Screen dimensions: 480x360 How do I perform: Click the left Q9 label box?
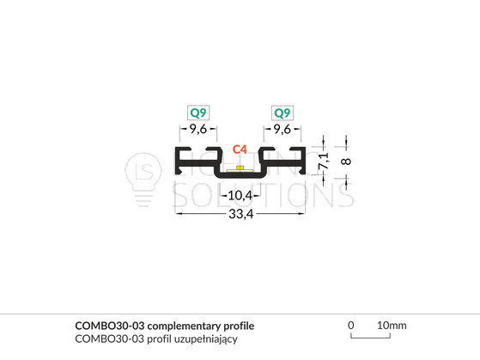click(x=198, y=113)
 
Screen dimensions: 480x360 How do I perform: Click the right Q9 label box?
click(x=283, y=113)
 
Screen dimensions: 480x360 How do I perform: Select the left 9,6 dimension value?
click(x=198, y=129)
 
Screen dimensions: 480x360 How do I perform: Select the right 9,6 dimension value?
click(x=283, y=129)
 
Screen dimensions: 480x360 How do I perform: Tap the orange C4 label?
click(x=240, y=149)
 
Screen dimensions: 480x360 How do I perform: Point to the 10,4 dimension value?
click(x=240, y=195)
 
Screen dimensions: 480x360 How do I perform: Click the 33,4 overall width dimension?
click(x=241, y=214)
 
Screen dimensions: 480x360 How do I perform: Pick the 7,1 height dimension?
click(x=324, y=162)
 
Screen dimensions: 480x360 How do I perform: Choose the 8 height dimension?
click(x=346, y=162)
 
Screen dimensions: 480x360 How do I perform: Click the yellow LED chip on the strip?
click(x=240, y=168)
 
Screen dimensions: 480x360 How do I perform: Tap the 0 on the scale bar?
click(x=351, y=325)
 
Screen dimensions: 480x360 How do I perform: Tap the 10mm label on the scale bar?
click(x=392, y=325)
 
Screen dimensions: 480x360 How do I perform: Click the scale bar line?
click(x=370, y=338)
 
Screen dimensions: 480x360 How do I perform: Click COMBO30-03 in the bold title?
click(x=110, y=326)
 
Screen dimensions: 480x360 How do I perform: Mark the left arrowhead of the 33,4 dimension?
click(x=177, y=213)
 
